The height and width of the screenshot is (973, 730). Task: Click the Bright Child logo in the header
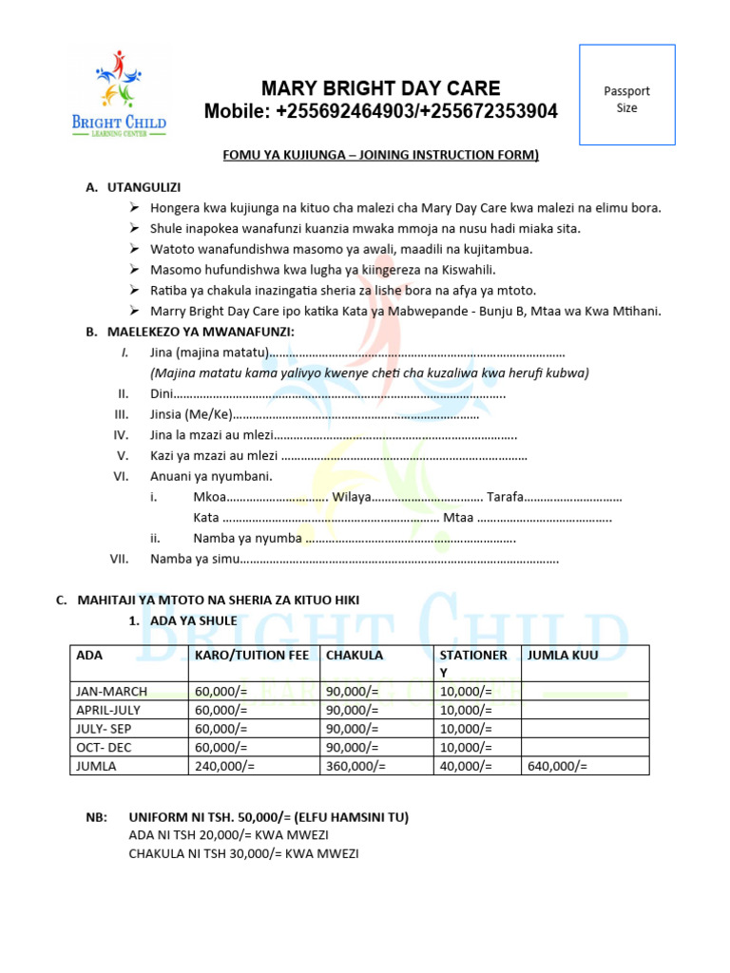[119, 95]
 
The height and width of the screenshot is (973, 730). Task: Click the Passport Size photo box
[626, 95]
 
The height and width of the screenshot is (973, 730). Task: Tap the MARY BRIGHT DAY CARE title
[380, 88]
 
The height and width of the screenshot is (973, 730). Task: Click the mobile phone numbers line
[380, 112]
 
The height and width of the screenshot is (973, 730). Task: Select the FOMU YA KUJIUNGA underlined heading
[380, 154]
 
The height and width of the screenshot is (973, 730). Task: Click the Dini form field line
[327, 393]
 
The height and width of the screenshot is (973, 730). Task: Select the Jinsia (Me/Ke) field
[314, 414]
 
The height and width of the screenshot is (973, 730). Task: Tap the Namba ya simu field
[354, 559]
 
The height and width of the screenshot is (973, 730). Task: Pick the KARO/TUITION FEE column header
[251, 656]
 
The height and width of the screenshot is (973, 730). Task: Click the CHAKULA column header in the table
[355, 656]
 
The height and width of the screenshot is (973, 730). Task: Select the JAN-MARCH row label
[112, 691]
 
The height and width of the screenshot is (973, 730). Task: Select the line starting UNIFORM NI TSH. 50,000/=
[268, 817]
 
